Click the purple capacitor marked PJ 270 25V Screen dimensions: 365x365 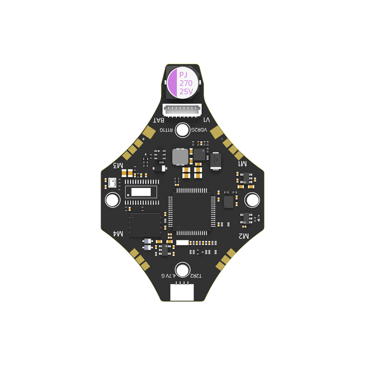click(x=182, y=82)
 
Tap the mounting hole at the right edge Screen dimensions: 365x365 click(x=251, y=199)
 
